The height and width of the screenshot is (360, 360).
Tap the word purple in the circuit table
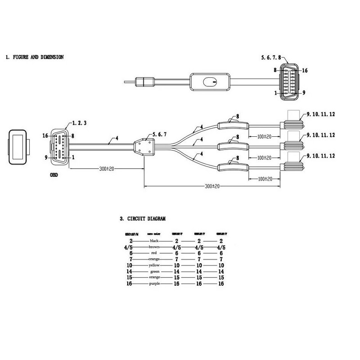(x=154, y=284)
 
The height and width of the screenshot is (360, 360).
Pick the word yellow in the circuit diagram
(x=154, y=265)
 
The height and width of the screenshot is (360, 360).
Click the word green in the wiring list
(x=154, y=272)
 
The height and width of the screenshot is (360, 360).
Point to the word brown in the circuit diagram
(x=154, y=247)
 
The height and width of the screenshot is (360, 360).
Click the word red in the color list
(x=154, y=253)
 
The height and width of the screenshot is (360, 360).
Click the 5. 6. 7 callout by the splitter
(x=161, y=134)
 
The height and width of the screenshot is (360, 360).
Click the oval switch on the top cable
(x=208, y=82)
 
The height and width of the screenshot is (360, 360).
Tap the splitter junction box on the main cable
(x=144, y=147)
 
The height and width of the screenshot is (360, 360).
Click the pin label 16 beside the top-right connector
(x=305, y=71)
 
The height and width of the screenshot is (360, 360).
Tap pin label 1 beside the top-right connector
(x=275, y=93)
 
